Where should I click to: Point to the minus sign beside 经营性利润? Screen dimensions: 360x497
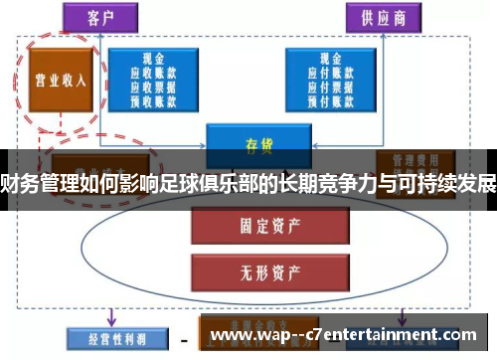pyautogui.click(x=183, y=339)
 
